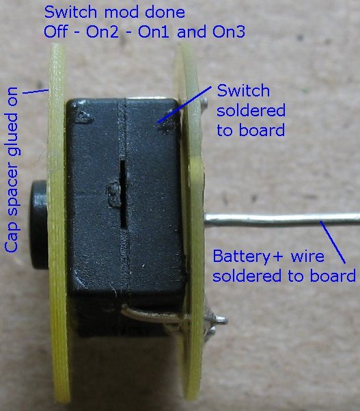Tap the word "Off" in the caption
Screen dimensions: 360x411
coord(55,31)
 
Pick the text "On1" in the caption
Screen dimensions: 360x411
coord(154,32)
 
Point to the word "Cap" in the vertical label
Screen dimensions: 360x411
coord(12,238)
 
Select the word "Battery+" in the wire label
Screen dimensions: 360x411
coord(247,256)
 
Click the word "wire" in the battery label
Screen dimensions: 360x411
coord(307,256)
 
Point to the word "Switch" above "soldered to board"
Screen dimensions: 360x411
coord(243,91)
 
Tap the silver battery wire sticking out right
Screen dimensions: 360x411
coord(282,220)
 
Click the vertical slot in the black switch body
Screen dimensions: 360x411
coord(123,194)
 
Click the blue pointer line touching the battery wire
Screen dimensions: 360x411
coord(333,242)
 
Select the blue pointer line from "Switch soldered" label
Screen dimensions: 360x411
coord(185,105)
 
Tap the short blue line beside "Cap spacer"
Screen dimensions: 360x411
coord(36,92)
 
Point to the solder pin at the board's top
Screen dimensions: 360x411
coord(205,101)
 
